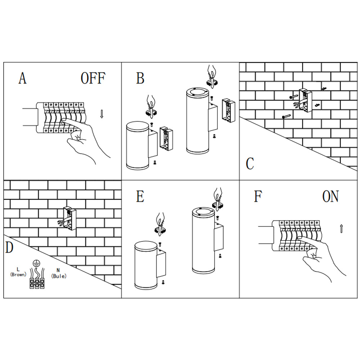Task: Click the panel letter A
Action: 22,78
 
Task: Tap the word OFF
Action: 93,78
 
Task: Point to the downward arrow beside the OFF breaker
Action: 102,114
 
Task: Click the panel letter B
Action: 140,78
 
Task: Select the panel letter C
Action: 250,163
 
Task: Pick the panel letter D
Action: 10,248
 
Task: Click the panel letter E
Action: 140,197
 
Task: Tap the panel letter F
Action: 258,197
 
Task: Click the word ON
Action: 330,197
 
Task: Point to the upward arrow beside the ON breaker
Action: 341,229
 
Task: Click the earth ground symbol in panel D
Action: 36,264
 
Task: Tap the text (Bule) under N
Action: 59,276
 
